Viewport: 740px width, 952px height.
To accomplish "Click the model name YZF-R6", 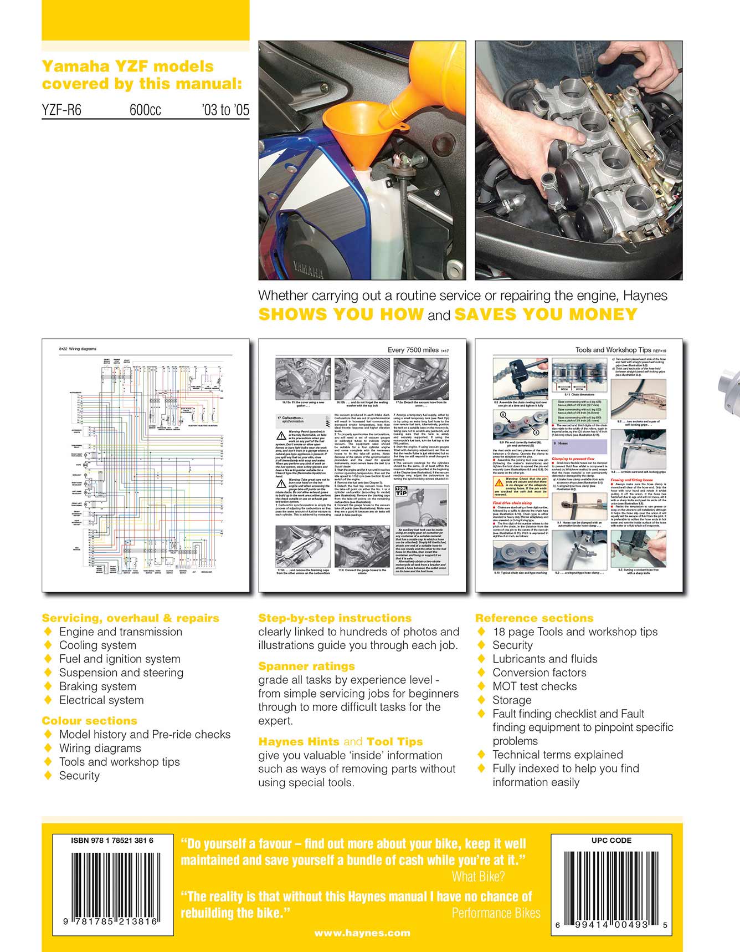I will (x=61, y=110).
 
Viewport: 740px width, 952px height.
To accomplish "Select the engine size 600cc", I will (x=145, y=110).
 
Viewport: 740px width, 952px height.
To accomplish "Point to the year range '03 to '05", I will (x=225, y=110).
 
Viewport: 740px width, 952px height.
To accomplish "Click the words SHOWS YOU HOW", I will (x=341, y=314).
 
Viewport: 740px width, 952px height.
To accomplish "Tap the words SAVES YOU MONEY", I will (x=546, y=314).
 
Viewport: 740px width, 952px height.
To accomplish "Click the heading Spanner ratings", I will (x=306, y=666).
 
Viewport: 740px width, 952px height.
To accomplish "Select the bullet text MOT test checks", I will (x=534, y=686).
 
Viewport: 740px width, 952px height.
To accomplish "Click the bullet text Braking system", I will (x=97, y=686).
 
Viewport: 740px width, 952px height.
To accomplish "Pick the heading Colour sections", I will (x=89, y=720).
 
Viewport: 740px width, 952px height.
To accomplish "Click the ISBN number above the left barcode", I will (x=112, y=840).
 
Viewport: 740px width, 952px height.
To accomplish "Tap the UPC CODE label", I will (x=611, y=840).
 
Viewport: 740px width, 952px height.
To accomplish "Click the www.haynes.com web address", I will (x=362, y=933).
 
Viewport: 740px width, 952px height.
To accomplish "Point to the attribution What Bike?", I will (x=478, y=877).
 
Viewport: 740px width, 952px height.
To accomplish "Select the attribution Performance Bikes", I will (x=496, y=913).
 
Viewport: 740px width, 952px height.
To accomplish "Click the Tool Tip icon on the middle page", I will (x=401, y=491).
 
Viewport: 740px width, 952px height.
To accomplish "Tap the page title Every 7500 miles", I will (x=413, y=350).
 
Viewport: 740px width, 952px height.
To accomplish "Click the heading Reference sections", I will (x=534, y=618).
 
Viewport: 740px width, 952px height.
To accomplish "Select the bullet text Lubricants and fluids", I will (x=544, y=659).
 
